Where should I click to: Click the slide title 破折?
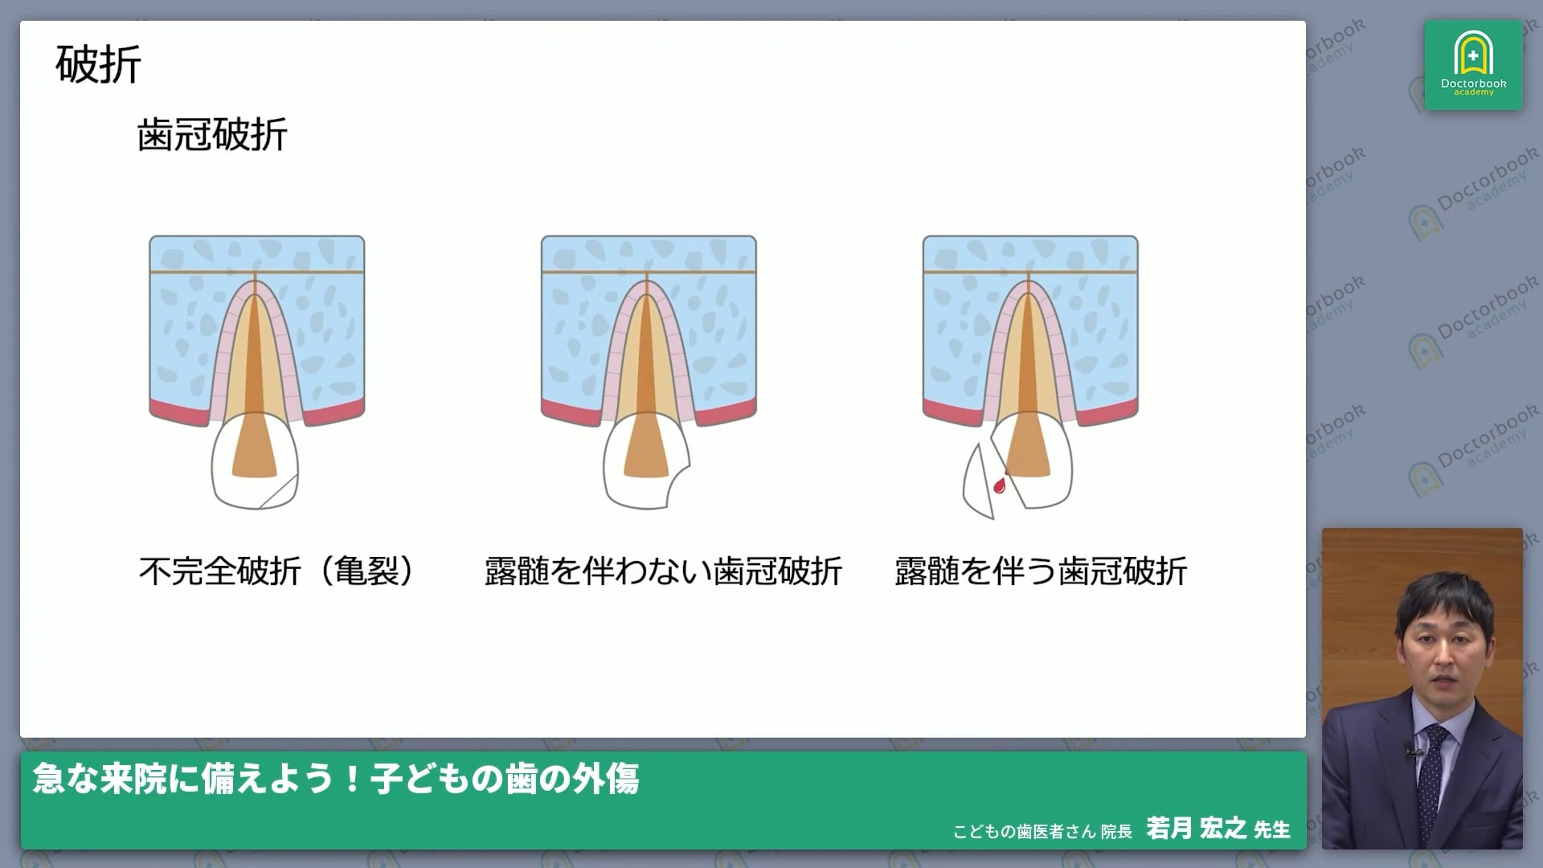coord(98,64)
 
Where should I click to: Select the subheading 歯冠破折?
coord(212,135)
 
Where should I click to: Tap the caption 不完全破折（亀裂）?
coord(277,571)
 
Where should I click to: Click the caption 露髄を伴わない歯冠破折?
coord(663,571)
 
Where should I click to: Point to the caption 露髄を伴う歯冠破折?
coord(1041,571)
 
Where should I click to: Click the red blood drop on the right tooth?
coord(1000,485)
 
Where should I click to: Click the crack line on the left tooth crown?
coord(280,491)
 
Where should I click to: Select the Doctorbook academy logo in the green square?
coord(1473,65)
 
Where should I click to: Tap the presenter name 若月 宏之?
coord(1196,828)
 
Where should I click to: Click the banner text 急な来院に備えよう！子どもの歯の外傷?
coord(336,779)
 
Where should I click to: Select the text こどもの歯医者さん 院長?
coord(1042,831)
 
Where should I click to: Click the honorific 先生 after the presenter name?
coord(1271,829)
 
